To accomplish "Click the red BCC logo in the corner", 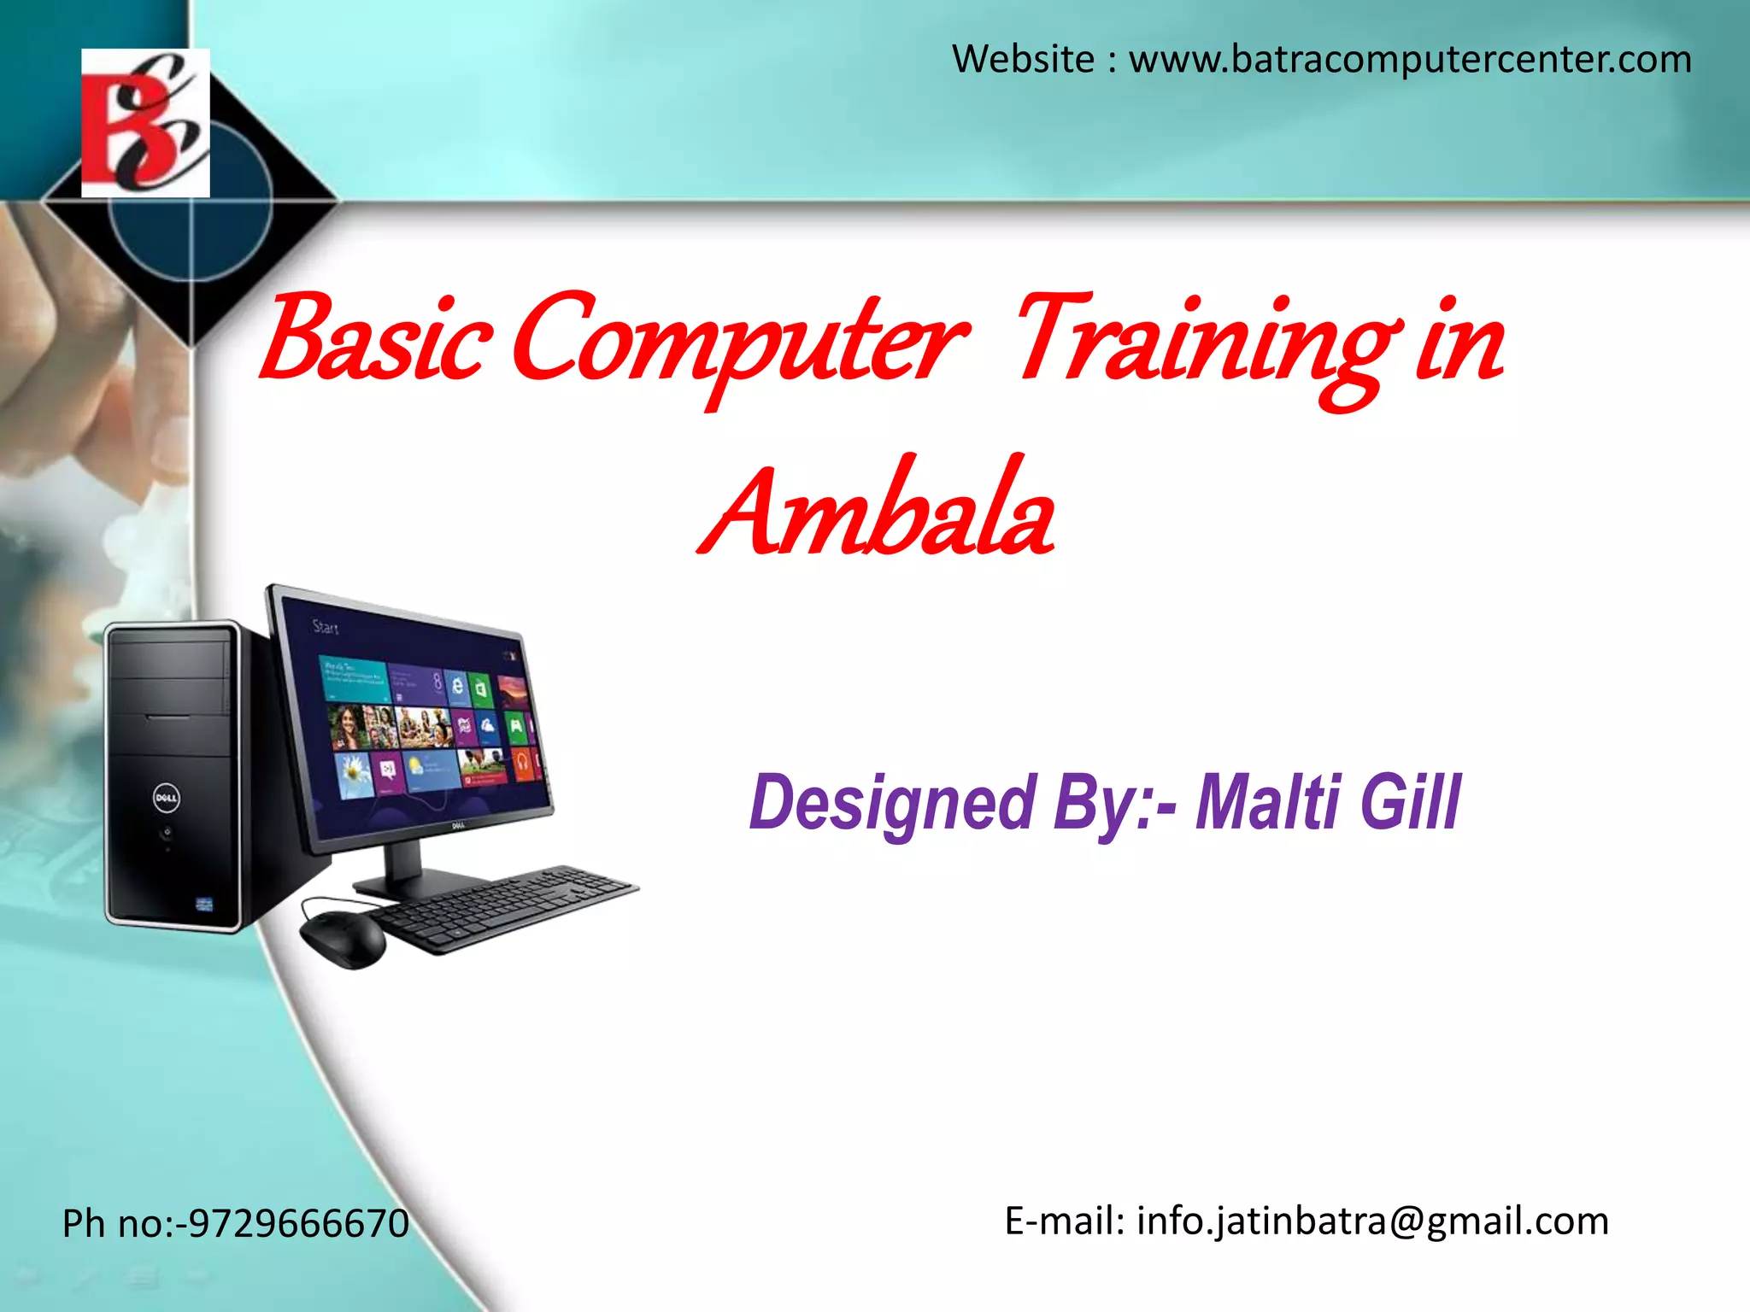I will pyautogui.click(x=145, y=123).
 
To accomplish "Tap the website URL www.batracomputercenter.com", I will pyautogui.click(x=1410, y=60).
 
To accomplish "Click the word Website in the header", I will pyautogui.click(x=1023, y=60).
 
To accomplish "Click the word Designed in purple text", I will pyautogui.click(x=893, y=803).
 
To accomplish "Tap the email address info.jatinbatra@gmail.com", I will pyautogui.click(x=1372, y=1221).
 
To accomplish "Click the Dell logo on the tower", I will pyautogui.click(x=166, y=799).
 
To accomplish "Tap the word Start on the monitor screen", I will pyautogui.click(x=326, y=628).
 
